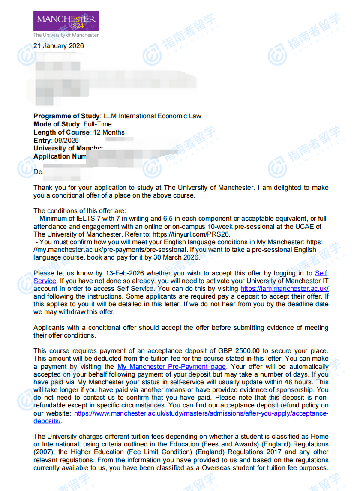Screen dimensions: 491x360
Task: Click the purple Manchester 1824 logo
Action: [x=66, y=21]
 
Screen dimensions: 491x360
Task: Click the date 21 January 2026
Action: [x=59, y=46]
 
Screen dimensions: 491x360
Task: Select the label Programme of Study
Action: [x=66, y=116]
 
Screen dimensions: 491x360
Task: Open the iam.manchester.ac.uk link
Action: [x=285, y=289]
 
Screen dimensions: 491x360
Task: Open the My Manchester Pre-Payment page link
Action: [x=171, y=367]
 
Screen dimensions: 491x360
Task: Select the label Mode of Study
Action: [x=57, y=124]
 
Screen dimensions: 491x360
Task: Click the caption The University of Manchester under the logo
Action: [x=66, y=35]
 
